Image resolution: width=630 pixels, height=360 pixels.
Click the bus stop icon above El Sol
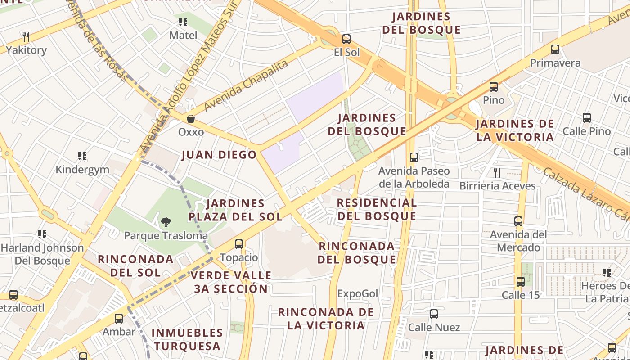(x=346, y=39)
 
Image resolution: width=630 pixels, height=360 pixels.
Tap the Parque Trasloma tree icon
(x=166, y=222)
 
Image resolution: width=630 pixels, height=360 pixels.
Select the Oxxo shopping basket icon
(x=191, y=119)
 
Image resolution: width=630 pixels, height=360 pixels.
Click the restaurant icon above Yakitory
(x=26, y=36)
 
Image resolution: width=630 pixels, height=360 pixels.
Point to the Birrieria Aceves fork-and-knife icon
(x=497, y=172)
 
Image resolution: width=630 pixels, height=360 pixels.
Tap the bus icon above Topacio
(x=239, y=244)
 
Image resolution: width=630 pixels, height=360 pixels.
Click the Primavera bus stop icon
(x=555, y=49)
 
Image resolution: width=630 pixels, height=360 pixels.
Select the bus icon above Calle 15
(x=520, y=282)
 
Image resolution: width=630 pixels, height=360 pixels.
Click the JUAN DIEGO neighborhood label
(x=219, y=155)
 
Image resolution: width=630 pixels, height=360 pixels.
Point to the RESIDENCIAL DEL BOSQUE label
(x=377, y=209)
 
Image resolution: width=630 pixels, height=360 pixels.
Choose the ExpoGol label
(x=358, y=294)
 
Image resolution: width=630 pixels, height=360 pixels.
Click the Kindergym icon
(x=82, y=156)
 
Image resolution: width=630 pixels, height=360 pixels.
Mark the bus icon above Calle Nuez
(x=434, y=314)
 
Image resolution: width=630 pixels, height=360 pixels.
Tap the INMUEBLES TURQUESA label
(x=187, y=339)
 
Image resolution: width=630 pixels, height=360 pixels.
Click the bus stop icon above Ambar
(x=119, y=318)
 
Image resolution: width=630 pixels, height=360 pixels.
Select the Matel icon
(x=183, y=22)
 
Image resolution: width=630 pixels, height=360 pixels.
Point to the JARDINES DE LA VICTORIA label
(x=515, y=130)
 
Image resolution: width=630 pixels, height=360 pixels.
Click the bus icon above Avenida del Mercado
(x=518, y=221)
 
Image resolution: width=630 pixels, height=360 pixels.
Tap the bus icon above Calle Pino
(x=587, y=118)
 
